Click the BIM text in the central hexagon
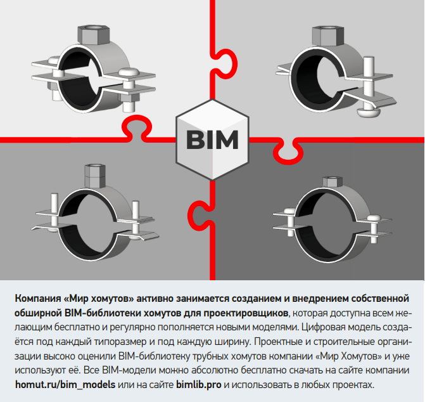(x=212, y=139)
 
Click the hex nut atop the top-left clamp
(x=94, y=35)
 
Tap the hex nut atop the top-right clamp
(x=328, y=36)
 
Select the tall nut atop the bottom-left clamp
(x=95, y=176)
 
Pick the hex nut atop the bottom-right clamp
(x=333, y=182)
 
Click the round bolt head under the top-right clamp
(x=369, y=112)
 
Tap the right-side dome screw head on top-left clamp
(x=129, y=72)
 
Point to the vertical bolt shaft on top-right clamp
(x=369, y=81)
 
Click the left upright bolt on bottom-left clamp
(x=54, y=210)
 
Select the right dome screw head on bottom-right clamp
(x=374, y=218)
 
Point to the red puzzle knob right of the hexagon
(x=288, y=152)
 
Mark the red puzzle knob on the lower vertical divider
(x=200, y=216)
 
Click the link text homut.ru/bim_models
(x=65, y=385)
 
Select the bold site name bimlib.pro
(x=199, y=385)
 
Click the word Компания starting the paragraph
(x=38, y=299)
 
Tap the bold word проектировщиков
(x=246, y=313)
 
